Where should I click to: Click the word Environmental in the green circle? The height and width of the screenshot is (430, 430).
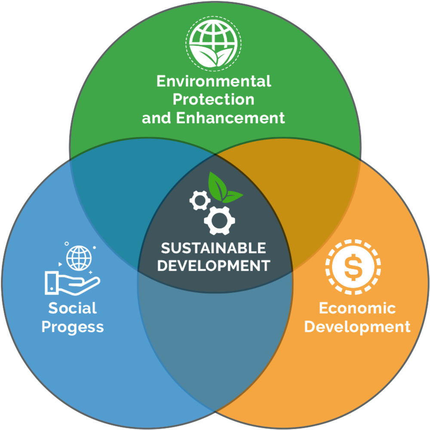pyautogui.click(x=214, y=81)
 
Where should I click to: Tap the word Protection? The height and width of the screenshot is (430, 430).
pyautogui.click(x=214, y=99)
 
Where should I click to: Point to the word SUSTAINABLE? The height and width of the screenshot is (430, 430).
pyautogui.click(x=214, y=248)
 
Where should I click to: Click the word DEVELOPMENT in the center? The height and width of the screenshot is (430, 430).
pyautogui.click(x=214, y=265)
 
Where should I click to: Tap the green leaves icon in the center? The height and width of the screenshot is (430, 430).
pyautogui.click(x=224, y=189)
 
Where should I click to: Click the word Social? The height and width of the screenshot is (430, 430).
pyautogui.click(x=73, y=308)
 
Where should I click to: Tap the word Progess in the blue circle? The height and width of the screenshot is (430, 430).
pyautogui.click(x=73, y=327)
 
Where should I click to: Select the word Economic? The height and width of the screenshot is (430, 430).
pyautogui.click(x=357, y=308)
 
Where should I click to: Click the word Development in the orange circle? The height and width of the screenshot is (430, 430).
pyautogui.click(x=357, y=327)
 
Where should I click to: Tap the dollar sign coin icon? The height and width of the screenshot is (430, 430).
pyautogui.click(x=353, y=269)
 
